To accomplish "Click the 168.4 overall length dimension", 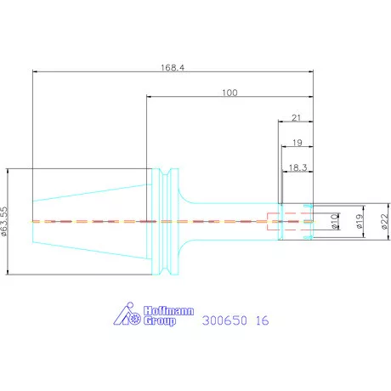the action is (173, 68).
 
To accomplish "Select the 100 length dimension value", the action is (229, 93).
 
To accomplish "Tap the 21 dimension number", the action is (296, 117).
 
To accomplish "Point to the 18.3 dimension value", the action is (297, 167).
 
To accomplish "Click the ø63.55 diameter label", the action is (4, 221).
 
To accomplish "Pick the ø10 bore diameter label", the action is (335, 221).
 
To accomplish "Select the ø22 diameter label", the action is (384, 221).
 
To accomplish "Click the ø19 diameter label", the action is (360, 221).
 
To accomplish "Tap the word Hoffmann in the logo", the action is (168, 311).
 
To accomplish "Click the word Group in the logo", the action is (160, 321).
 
